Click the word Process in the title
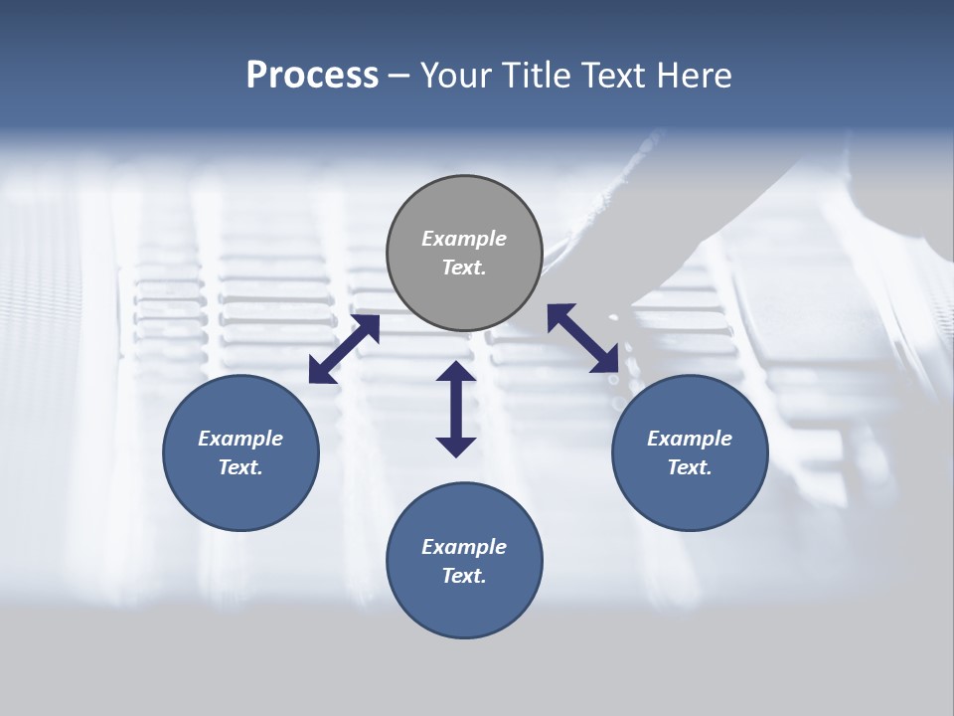coord(312,76)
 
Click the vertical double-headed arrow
coord(456,409)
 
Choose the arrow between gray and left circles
coord(344,349)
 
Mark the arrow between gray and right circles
coord(583,339)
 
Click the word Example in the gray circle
coord(464,239)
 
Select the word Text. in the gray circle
coord(464,268)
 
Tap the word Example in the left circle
coord(240,439)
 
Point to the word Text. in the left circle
coord(240,467)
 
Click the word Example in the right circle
coord(690,439)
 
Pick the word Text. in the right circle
coord(690,467)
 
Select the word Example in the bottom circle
coord(464,547)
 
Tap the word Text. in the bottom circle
coord(464,576)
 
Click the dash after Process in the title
coord(399,76)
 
